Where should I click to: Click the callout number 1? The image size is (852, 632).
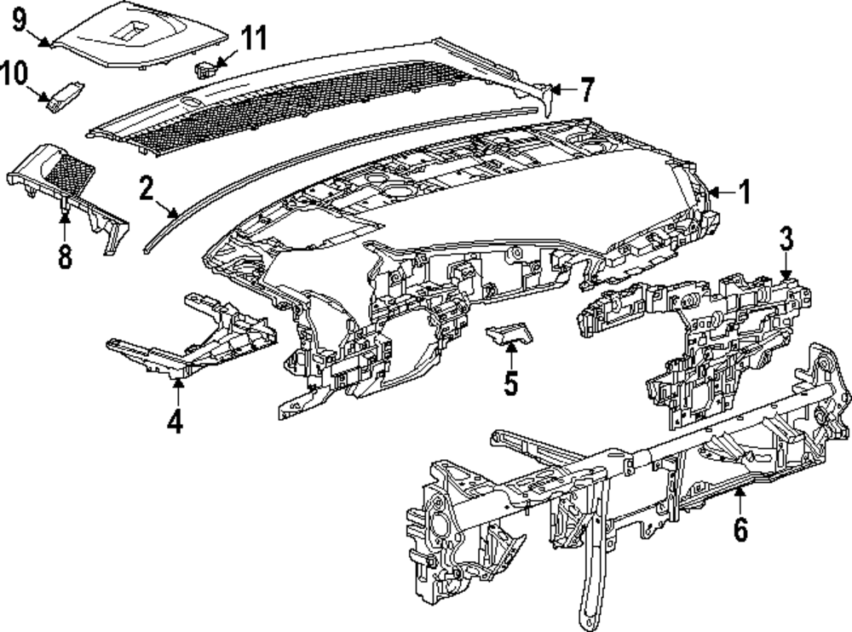pyautogui.click(x=744, y=192)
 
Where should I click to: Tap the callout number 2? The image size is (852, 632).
pyautogui.click(x=146, y=188)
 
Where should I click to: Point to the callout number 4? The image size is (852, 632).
pyautogui.click(x=175, y=422)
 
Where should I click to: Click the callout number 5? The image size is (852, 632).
pyautogui.click(x=510, y=383)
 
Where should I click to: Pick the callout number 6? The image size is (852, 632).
pyautogui.click(x=740, y=529)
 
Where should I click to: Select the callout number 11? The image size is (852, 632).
pyautogui.click(x=253, y=38)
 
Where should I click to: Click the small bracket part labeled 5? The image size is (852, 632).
pyautogui.click(x=509, y=334)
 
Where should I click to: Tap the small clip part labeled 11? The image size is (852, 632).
pyautogui.click(x=204, y=67)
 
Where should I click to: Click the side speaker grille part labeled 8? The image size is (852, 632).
pyautogui.click(x=68, y=183)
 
